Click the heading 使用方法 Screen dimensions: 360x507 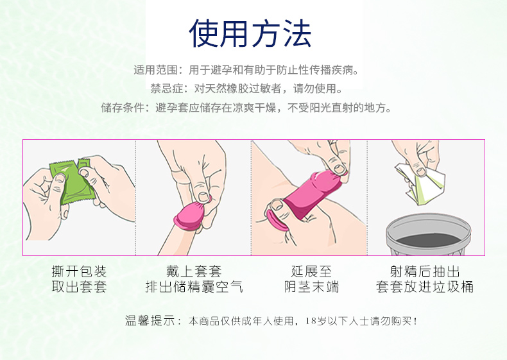(250, 33)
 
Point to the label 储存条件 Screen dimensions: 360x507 (123, 108)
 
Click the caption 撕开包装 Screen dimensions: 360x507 (79, 271)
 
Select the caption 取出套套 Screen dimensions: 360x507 (79, 287)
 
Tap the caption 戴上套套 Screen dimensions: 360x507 (194, 271)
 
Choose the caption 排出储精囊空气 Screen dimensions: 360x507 (194, 287)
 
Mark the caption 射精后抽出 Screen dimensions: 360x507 (425, 271)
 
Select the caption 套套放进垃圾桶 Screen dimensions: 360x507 (425, 287)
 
